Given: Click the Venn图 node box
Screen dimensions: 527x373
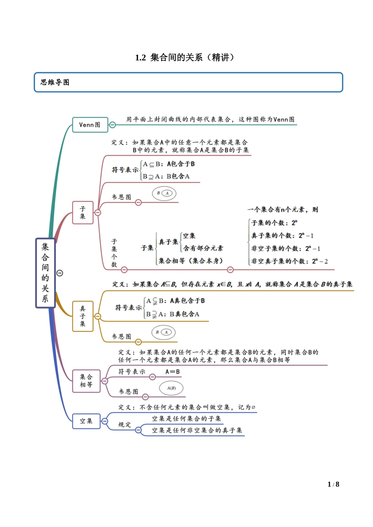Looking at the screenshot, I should (90, 125).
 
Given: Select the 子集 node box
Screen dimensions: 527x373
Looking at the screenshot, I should (82, 213).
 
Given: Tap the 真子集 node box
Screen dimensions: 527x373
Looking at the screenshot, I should (82, 316).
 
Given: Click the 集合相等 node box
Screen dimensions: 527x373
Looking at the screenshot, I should (86, 381).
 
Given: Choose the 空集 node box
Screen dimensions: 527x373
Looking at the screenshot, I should (86, 421).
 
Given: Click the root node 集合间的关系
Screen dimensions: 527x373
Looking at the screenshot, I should (45, 273).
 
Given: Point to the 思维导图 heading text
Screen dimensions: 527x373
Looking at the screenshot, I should (55, 82).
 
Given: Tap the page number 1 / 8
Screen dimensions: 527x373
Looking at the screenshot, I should (333, 484).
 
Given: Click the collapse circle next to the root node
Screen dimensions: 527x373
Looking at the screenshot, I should (60, 273).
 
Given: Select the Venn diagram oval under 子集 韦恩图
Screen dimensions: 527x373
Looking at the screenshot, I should (164, 193).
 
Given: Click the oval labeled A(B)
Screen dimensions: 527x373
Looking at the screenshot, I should (171, 388).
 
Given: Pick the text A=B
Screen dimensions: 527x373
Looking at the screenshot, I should (172, 372).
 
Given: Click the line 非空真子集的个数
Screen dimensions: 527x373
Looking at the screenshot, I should (289, 261).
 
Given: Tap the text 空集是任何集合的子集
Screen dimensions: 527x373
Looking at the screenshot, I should (186, 419).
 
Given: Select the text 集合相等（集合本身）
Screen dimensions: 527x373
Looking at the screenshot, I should (190, 261).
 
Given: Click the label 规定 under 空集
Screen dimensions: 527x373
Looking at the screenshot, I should (125, 425).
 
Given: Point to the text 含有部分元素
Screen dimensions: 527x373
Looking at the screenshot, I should (203, 248).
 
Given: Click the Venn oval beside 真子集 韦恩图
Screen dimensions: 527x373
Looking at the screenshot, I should (164, 333).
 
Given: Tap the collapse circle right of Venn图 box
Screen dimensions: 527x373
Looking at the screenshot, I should (112, 125).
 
